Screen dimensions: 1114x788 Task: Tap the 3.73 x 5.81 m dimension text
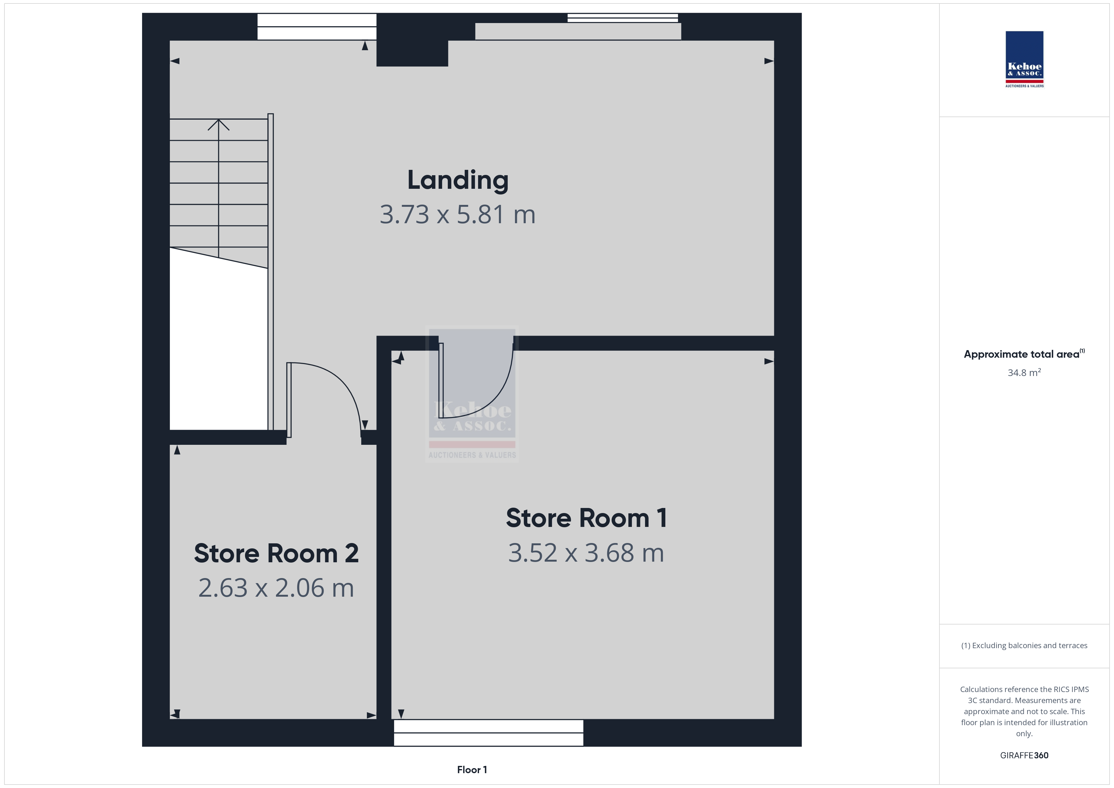[x=458, y=214]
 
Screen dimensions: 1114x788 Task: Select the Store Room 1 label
[x=586, y=518]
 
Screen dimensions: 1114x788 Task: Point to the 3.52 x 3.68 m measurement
[x=586, y=553]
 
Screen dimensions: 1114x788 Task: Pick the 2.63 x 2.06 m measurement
[x=276, y=588]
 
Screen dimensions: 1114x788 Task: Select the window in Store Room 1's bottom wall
[x=488, y=733]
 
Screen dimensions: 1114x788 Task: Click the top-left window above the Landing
[x=317, y=27]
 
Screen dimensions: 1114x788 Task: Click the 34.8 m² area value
[x=1024, y=373]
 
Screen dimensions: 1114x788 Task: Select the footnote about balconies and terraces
[x=1024, y=645]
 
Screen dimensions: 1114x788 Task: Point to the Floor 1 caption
[x=472, y=770]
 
